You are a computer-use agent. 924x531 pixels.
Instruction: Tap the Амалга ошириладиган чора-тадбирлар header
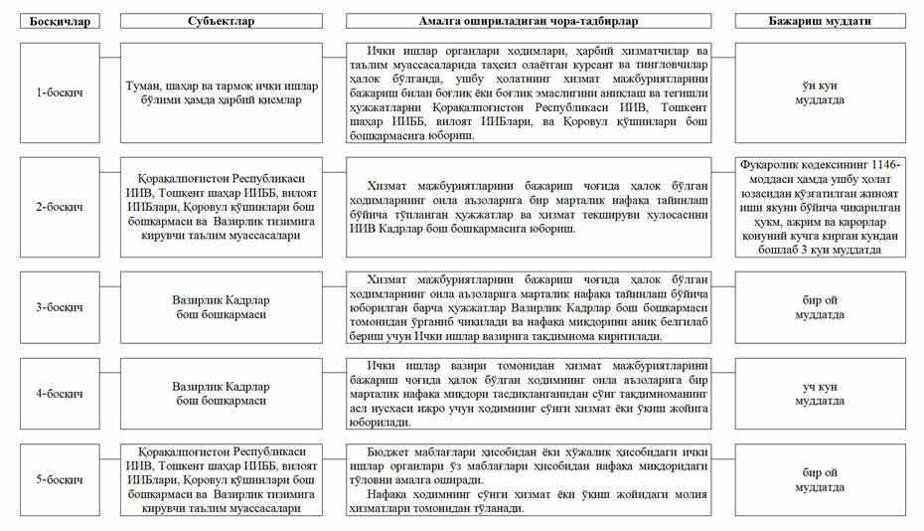(x=528, y=21)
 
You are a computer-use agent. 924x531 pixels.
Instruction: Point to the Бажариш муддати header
(x=820, y=21)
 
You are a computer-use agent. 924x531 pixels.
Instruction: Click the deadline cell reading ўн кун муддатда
(x=820, y=92)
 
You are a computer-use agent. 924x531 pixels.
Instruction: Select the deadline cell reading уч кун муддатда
(x=820, y=394)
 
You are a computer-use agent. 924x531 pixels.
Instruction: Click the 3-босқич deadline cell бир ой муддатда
(x=820, y=307)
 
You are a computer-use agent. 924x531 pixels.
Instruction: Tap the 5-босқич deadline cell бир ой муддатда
(x=820, y=480)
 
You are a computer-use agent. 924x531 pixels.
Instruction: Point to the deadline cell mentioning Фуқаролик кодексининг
(x=820, y=207)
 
